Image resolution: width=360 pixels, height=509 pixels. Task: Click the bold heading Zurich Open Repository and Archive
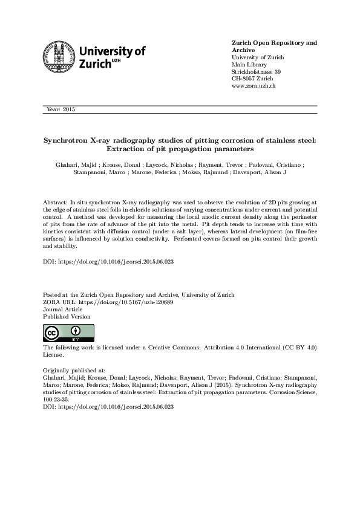(274, 47)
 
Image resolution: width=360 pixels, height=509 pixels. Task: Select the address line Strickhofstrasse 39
(257, 71)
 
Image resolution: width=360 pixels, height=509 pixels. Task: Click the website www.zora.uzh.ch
(254, 86)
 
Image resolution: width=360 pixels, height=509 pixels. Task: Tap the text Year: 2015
(61, 109)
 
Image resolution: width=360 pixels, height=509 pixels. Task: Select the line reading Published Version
(67, 316)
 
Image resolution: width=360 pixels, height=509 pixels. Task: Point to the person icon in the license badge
(75, 331)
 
